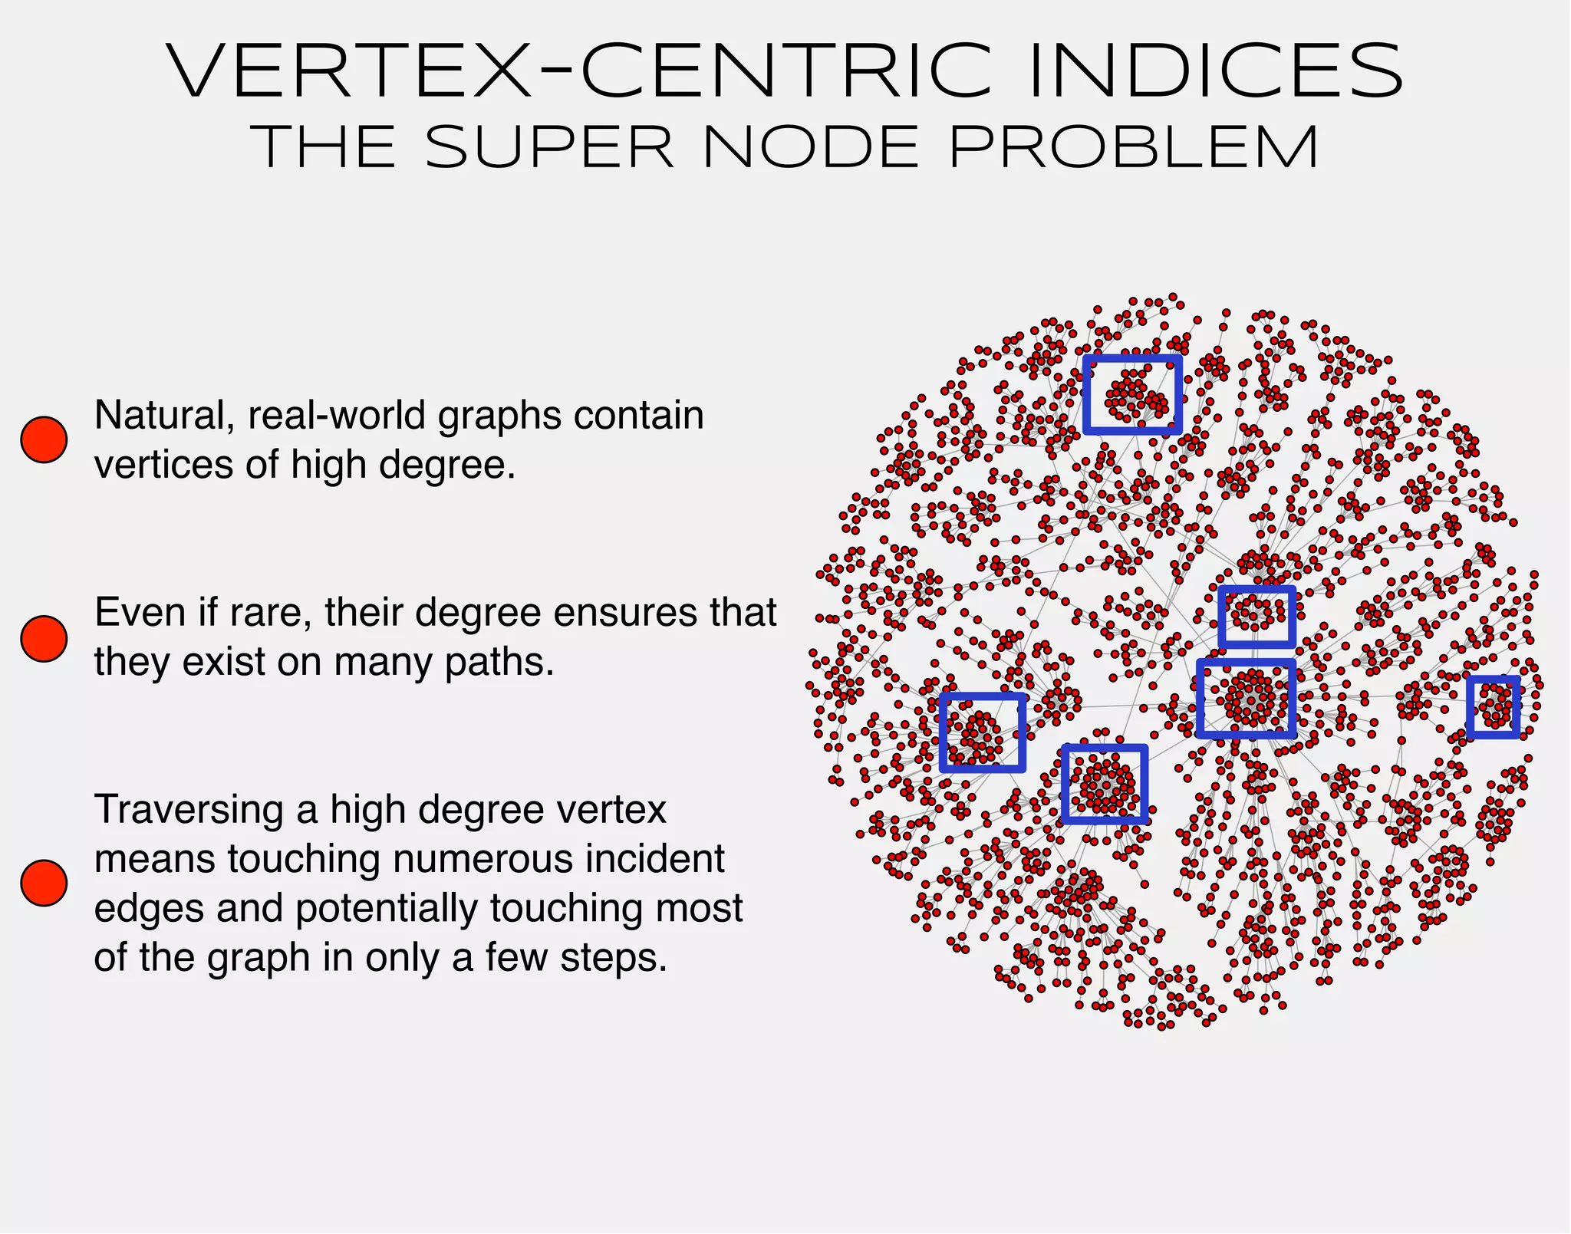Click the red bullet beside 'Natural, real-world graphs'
click(44, 439)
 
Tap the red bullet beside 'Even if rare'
click(44, 638)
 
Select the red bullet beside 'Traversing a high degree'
click(44, 883)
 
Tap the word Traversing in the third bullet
click(189, 810)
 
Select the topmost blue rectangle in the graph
click(1132, 394)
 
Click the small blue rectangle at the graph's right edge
click(1494, 707)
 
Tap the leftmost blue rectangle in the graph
click(983, 732)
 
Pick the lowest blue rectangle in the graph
click(1105, 784)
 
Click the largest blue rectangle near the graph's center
click(1247, 699)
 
